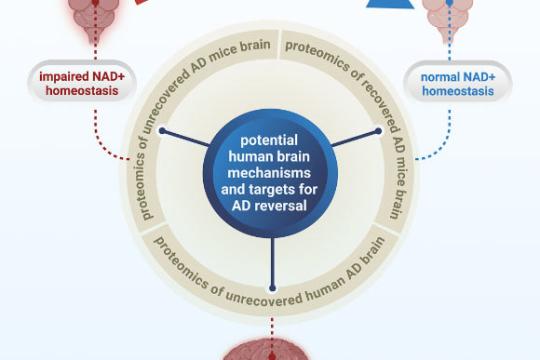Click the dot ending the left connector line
pyautogui.click(x=160, y=131)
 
